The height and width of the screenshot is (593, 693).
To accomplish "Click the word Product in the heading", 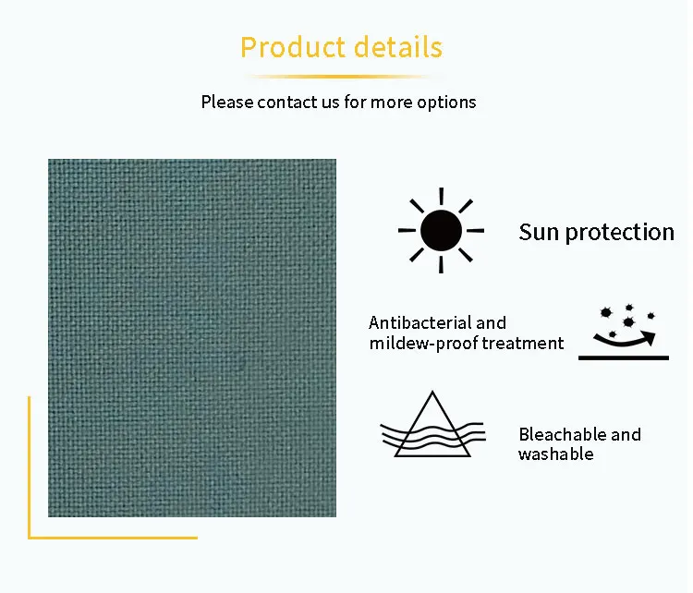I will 291,47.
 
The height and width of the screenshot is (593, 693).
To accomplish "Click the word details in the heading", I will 395,47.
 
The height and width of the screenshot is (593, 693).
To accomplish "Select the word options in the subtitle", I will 447,102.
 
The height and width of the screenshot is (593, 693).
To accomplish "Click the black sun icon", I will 440,231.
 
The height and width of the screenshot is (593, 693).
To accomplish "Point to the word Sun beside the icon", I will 539,232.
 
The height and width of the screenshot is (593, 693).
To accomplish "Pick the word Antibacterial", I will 421,322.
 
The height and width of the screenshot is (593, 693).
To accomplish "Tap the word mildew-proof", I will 422,344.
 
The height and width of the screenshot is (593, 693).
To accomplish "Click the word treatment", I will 522,344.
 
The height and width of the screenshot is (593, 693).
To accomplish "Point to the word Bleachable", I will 562,434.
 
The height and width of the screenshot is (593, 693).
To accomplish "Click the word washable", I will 555,454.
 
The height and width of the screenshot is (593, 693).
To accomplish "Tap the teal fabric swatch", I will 192,338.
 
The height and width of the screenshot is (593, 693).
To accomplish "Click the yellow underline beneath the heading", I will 342,76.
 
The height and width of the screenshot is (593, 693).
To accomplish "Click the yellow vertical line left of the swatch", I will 29,466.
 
